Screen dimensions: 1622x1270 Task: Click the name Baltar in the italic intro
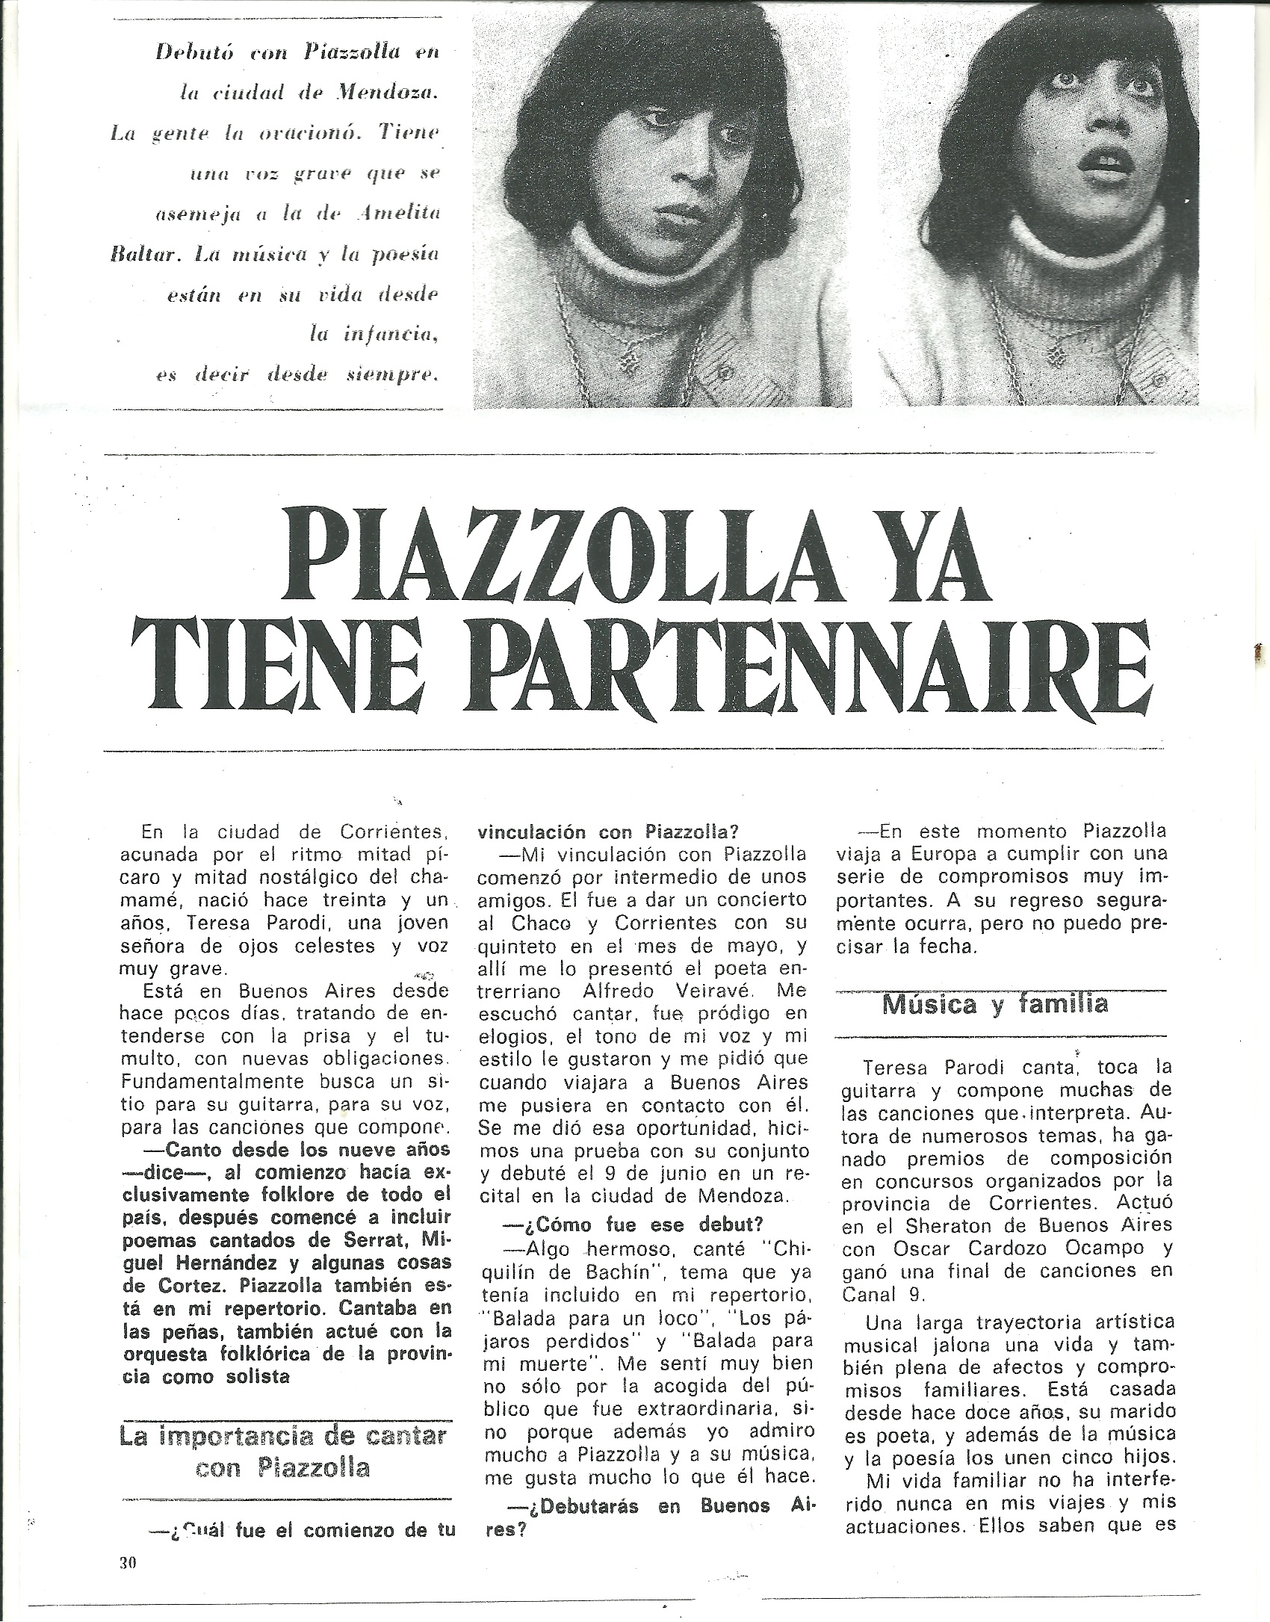[137, 253]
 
